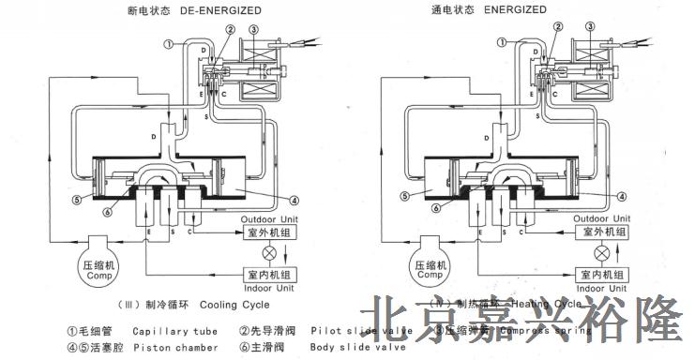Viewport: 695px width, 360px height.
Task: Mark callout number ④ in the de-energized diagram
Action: [x=294, y=199]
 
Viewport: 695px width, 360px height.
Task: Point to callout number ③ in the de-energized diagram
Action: [x=252, y=29]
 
